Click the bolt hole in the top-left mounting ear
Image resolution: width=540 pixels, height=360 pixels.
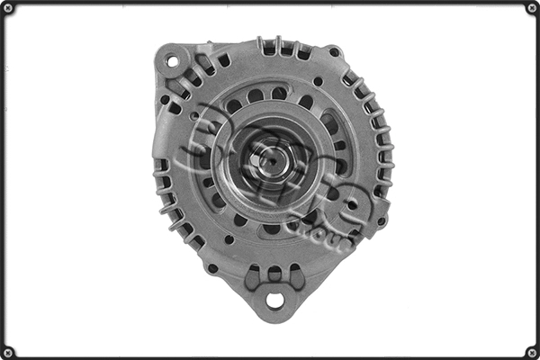coord(171,61)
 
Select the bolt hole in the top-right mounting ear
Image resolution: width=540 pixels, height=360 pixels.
coord(334,52)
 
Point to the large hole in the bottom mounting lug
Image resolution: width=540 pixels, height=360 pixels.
coord(274,300)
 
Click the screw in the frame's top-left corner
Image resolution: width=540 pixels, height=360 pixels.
coord(7,7)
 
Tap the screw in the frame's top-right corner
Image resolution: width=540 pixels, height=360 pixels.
coord(532,7)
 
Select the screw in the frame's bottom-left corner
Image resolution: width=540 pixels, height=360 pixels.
coord(7,352)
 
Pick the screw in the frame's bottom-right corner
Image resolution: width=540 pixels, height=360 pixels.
coord(532,352)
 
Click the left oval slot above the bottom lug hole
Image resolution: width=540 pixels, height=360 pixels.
coord(253,274)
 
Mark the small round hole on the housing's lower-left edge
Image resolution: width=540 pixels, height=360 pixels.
coord(212,267)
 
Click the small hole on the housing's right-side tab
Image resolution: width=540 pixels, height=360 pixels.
coord(382,220)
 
